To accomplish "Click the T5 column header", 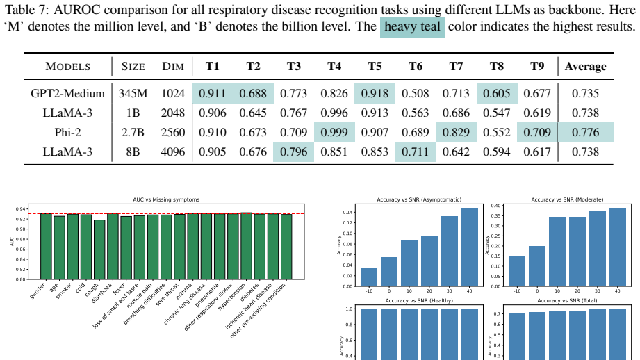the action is pos(375,66).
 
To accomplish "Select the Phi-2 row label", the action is pos(68,132).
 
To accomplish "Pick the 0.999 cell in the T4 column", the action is pos(334,132).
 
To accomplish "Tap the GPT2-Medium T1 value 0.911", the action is pos(212,93).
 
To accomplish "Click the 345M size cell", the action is pos(133,93).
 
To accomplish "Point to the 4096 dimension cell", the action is pos(173,152).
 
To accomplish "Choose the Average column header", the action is pos(585,67).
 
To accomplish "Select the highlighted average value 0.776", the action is pos(585,132).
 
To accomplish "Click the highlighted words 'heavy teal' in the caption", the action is pos(412,26).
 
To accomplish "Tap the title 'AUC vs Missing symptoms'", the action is pos(166,199).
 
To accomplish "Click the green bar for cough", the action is pos(99,249).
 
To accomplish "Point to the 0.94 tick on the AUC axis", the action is pos(20,209).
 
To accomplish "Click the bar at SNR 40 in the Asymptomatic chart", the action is pos(470,247).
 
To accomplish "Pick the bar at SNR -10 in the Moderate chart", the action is pos(517,271).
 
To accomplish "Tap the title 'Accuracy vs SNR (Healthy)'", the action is pos(419,301).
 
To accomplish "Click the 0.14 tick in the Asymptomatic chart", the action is pos(347,212).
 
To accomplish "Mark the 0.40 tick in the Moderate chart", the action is pos(495,206).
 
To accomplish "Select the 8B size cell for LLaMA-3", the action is pos(133,152).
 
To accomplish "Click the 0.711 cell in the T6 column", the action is pos(416,152).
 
